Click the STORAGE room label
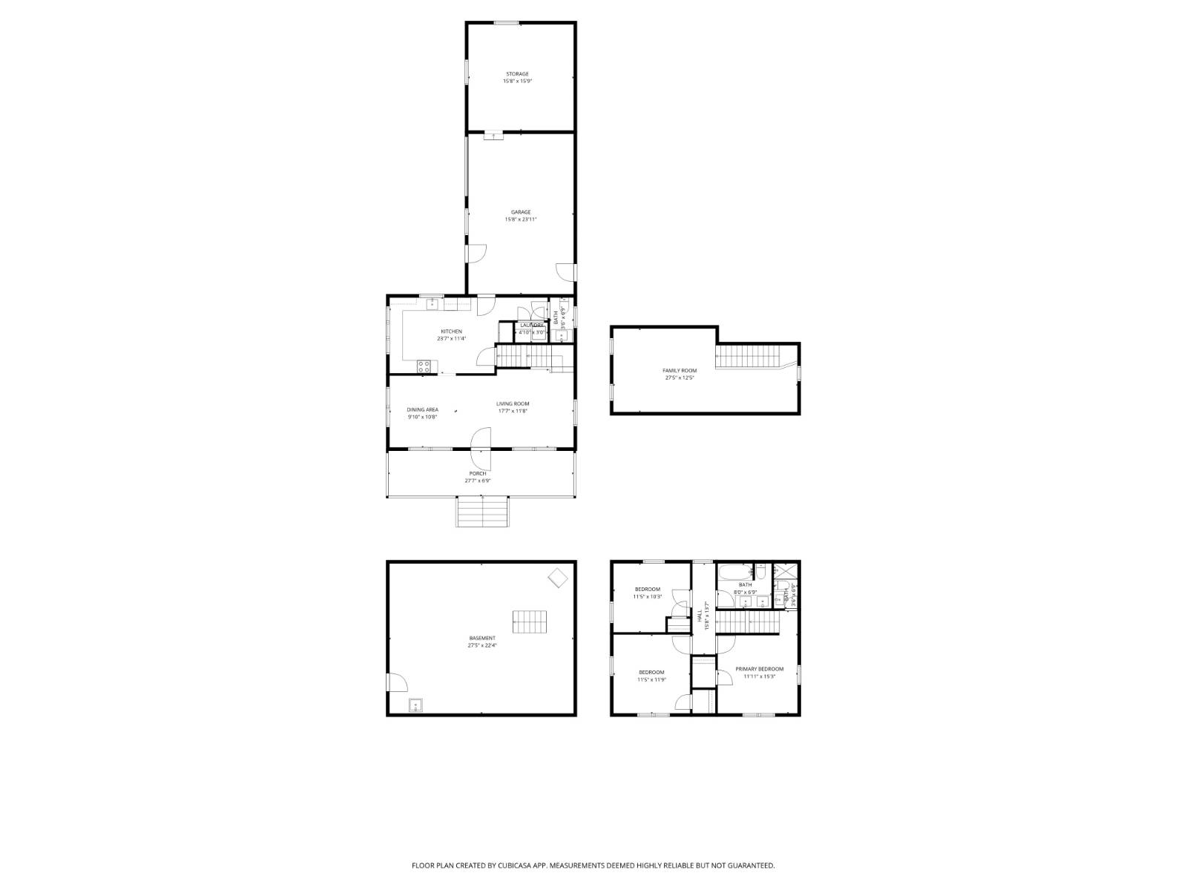517,74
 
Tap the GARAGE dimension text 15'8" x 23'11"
520,220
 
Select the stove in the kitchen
424,365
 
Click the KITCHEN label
451,332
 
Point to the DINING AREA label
422,409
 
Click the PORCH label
478,473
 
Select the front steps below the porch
483,512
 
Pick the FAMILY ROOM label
680,371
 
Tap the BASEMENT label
482,638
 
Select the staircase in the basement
530,622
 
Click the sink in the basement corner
415,705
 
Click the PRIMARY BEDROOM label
759,669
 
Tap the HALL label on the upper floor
700,616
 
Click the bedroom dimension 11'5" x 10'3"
647,597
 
